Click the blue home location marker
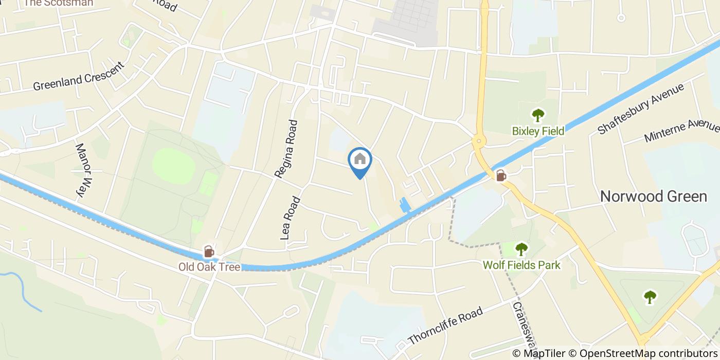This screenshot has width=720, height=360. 360,160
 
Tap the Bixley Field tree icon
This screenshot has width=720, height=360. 538,115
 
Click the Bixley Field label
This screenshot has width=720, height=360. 538,131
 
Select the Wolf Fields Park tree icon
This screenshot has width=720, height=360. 521,249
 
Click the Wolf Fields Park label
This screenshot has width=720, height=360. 521,265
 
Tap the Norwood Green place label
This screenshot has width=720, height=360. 654,196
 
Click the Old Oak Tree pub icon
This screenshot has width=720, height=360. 209,251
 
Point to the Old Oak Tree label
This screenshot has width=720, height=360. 209,267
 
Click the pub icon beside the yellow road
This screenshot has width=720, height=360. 500,176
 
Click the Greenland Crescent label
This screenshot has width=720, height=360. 79,77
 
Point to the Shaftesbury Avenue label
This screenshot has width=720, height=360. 640,109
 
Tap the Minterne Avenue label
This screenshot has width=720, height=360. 681,132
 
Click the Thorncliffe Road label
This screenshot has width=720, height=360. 445,326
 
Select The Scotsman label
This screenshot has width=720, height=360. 59,3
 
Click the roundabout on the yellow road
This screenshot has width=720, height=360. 479,140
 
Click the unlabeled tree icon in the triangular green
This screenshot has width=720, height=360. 650,297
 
